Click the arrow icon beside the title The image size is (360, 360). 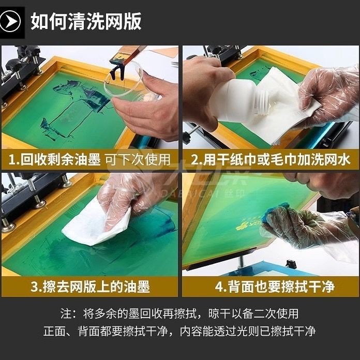(12, 22)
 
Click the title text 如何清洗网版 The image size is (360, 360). (86, 22)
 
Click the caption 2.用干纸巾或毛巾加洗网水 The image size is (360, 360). (271, 159)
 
